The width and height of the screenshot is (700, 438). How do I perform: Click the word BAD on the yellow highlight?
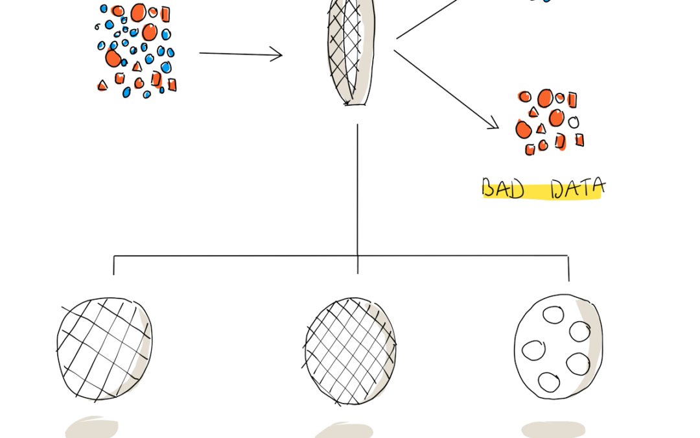(x=503, y=189)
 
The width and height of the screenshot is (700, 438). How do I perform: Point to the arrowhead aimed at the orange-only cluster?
(x=493, y=123)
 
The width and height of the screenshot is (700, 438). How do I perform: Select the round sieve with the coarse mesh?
(x=104, y=348)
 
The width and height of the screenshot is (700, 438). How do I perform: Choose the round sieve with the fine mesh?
(x=350, y=351)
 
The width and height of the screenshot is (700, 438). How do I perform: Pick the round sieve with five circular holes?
(x=558, y=347)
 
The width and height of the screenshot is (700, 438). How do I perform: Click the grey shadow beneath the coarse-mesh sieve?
(x=92, y=428)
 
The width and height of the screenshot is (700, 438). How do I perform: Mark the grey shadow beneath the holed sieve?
(x=553, y=429)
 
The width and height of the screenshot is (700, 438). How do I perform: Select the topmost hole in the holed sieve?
(x=553, y=315)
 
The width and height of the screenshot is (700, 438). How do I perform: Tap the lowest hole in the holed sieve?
(x=549, y=383)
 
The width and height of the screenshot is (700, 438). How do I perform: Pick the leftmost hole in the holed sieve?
(x=533, y=350)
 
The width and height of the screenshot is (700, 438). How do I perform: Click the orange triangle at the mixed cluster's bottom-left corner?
(x=102, y=85)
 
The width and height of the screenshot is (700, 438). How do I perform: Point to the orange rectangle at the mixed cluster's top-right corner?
(x=165, y=14)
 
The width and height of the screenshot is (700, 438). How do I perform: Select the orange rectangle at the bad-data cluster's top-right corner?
(x=572, y=100)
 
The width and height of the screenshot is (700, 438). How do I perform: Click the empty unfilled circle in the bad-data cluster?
(x=574, y=121)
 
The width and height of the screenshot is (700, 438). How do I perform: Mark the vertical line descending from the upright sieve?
(x=358, y=199)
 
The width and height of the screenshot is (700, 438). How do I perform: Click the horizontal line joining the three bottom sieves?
(x=341, y=256)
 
